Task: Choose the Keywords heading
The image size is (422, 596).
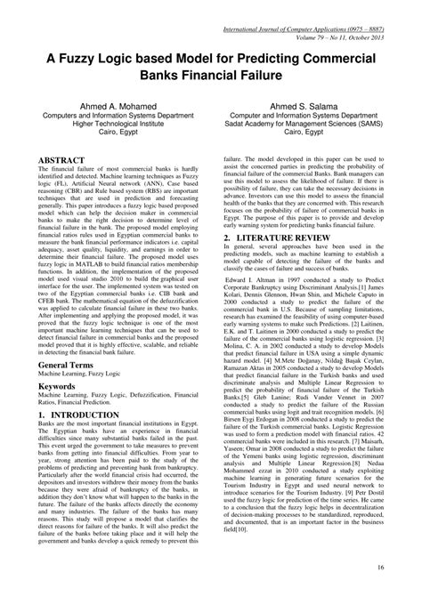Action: coord(58,413)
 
